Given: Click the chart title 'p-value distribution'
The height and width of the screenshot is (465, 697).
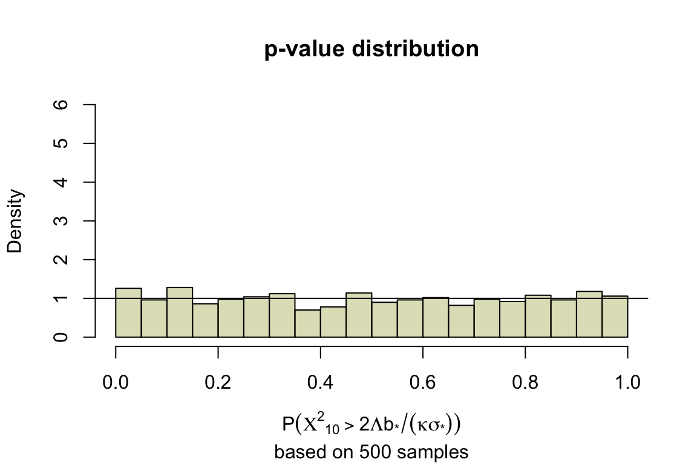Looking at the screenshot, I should point(371,49).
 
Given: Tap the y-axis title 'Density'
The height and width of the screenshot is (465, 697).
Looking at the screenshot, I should point(15,221).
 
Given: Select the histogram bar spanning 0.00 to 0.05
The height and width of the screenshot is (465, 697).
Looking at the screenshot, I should point(128,312).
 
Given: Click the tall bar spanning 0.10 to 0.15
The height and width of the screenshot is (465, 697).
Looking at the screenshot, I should point(180,312).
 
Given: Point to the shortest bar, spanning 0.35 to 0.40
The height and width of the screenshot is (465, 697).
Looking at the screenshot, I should point(307,323).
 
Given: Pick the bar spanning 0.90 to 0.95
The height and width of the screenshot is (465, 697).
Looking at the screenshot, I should point(589,314).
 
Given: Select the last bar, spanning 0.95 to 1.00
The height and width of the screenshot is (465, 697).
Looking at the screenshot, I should point(615,317).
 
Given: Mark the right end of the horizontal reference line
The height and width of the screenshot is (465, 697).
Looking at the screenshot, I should point(647,298).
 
